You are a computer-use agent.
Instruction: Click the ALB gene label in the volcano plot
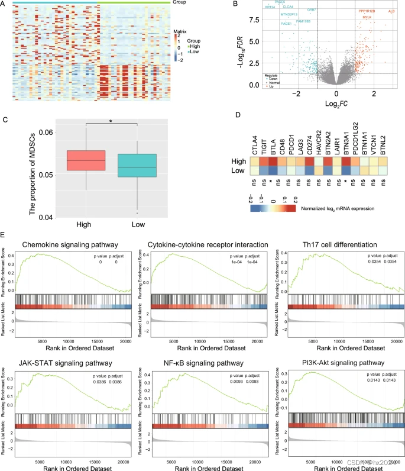tap(391, 11)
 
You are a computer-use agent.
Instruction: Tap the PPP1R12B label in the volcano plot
tap(366, 11)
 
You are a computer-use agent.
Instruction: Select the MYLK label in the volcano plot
tap(367, 18)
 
